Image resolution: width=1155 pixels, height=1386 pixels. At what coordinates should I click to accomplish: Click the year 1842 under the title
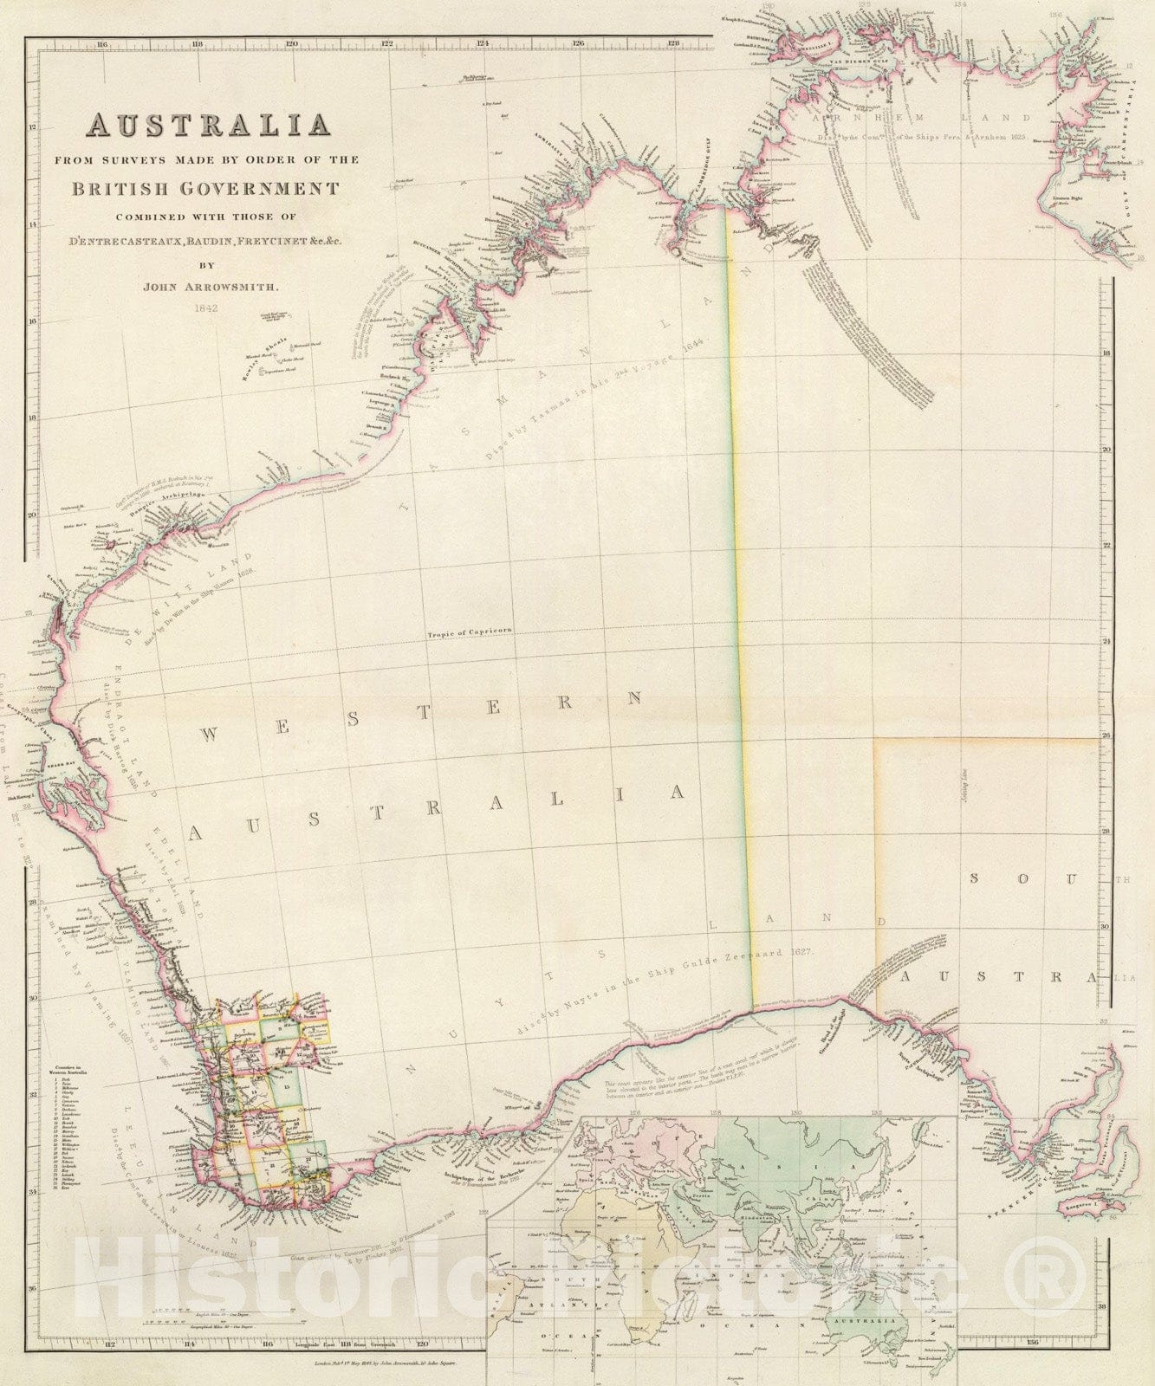tap(205, 307)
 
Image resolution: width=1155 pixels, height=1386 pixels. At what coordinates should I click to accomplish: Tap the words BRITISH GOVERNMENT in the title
tap(205, 188)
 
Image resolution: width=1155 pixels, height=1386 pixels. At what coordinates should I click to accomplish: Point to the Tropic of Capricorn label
tap(469, 634)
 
